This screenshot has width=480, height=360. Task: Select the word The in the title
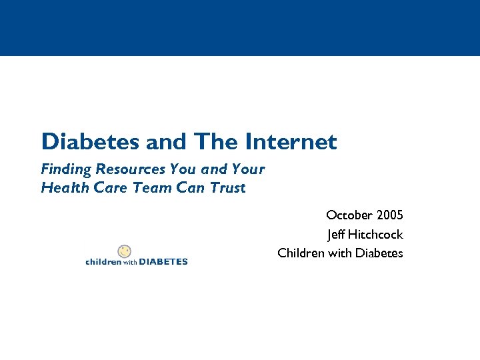pos(217,141)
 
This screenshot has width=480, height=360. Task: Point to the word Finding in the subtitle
pos(65,169)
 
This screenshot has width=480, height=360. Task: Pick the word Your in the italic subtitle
pos(248,169)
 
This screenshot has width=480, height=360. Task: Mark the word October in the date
pos(349,215)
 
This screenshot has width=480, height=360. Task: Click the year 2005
pos(389,215)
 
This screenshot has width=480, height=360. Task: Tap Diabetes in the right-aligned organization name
pos(379,253)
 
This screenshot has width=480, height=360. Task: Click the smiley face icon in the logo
pos(124,251)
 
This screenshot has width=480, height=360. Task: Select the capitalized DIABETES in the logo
pos(164,262)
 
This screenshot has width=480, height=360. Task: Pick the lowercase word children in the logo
pos(103,262)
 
